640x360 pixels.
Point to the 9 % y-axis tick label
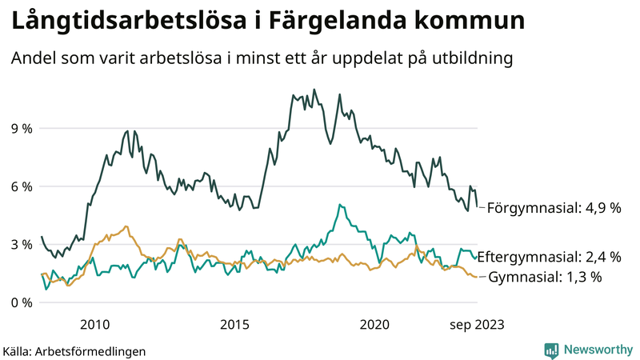[x=20, y=128]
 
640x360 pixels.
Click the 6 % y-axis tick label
[x=20, y=186]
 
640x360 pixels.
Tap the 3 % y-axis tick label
[x=20, y=245]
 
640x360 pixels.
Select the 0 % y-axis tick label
[x=20, y=303]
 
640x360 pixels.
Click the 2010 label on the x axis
[x=95, y=324]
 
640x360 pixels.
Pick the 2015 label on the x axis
[x=234, y=324]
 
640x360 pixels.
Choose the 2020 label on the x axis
[x=374, y=324]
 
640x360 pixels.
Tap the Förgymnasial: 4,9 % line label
[x=554, y=208]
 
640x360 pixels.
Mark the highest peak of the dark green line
[x=314, y=90]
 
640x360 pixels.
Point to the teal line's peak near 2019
[x=340, y=205]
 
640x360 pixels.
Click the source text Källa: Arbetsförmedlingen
[x=74, y=350]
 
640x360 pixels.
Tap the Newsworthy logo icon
[x=551, y=350]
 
